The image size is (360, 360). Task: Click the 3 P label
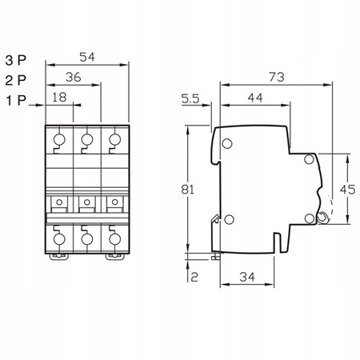[15, 60]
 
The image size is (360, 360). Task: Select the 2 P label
[15, 81]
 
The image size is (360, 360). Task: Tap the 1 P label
[15, 102]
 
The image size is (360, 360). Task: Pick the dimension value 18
[59, 98]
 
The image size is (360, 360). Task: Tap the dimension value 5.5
[190, 98]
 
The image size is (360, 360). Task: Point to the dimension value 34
[247, 277]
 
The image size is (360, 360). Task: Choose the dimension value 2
[195, 277]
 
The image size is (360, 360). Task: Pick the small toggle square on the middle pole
[86, 200]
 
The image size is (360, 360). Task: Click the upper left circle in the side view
[226, 144]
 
